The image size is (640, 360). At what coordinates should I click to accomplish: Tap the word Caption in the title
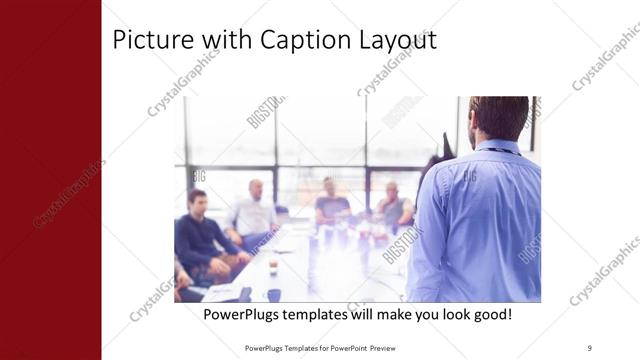click(x=303, y=40)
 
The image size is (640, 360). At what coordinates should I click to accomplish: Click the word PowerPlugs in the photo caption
click(x=245, y=315)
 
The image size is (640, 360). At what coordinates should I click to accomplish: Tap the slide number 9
click(x=589, y=348)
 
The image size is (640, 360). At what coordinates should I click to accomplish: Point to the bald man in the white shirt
click(x=254, y=211)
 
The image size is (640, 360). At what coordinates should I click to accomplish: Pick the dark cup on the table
click(x=273, y=294)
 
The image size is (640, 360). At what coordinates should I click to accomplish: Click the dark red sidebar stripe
click(x=50, y=180)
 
